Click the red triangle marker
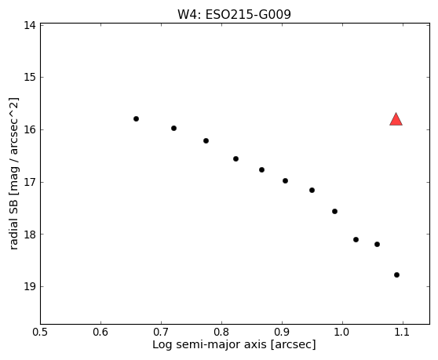pyautogui.click(x=396, y=120)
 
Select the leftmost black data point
pyautogui.click(x=136, y=119)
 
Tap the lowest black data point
pyautogui.click(x=396, y=275)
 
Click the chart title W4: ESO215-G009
pyautogui.click(x=234, y=15)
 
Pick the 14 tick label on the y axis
pyautogui.click(x=30, y=25)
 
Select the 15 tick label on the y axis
pyautogui.click(x=30, y=77)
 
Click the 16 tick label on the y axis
pyautogui.click(x=30, y=129)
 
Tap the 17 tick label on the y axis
pyautogui.click(x=30, y=182)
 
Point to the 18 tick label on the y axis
pyautogui.click(x=30, y=235)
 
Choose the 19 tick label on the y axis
pyautogui.click(x=30, y=286)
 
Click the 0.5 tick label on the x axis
pyautogui.click(x=40, y=332)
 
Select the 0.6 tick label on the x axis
pyautogui.click(x=100, y=332)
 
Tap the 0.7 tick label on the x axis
pyautogui.click(x=161, y=332)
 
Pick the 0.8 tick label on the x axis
pyautogui.click(x=221, y=332)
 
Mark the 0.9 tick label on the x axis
pyautogui.click(x=282, y=332)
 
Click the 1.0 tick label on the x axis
pyautogui.click(x=342, y=332)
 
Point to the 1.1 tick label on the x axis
pyautogui.click(x=403, y=332)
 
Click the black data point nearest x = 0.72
pyautogui.click(x=173, y=129)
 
